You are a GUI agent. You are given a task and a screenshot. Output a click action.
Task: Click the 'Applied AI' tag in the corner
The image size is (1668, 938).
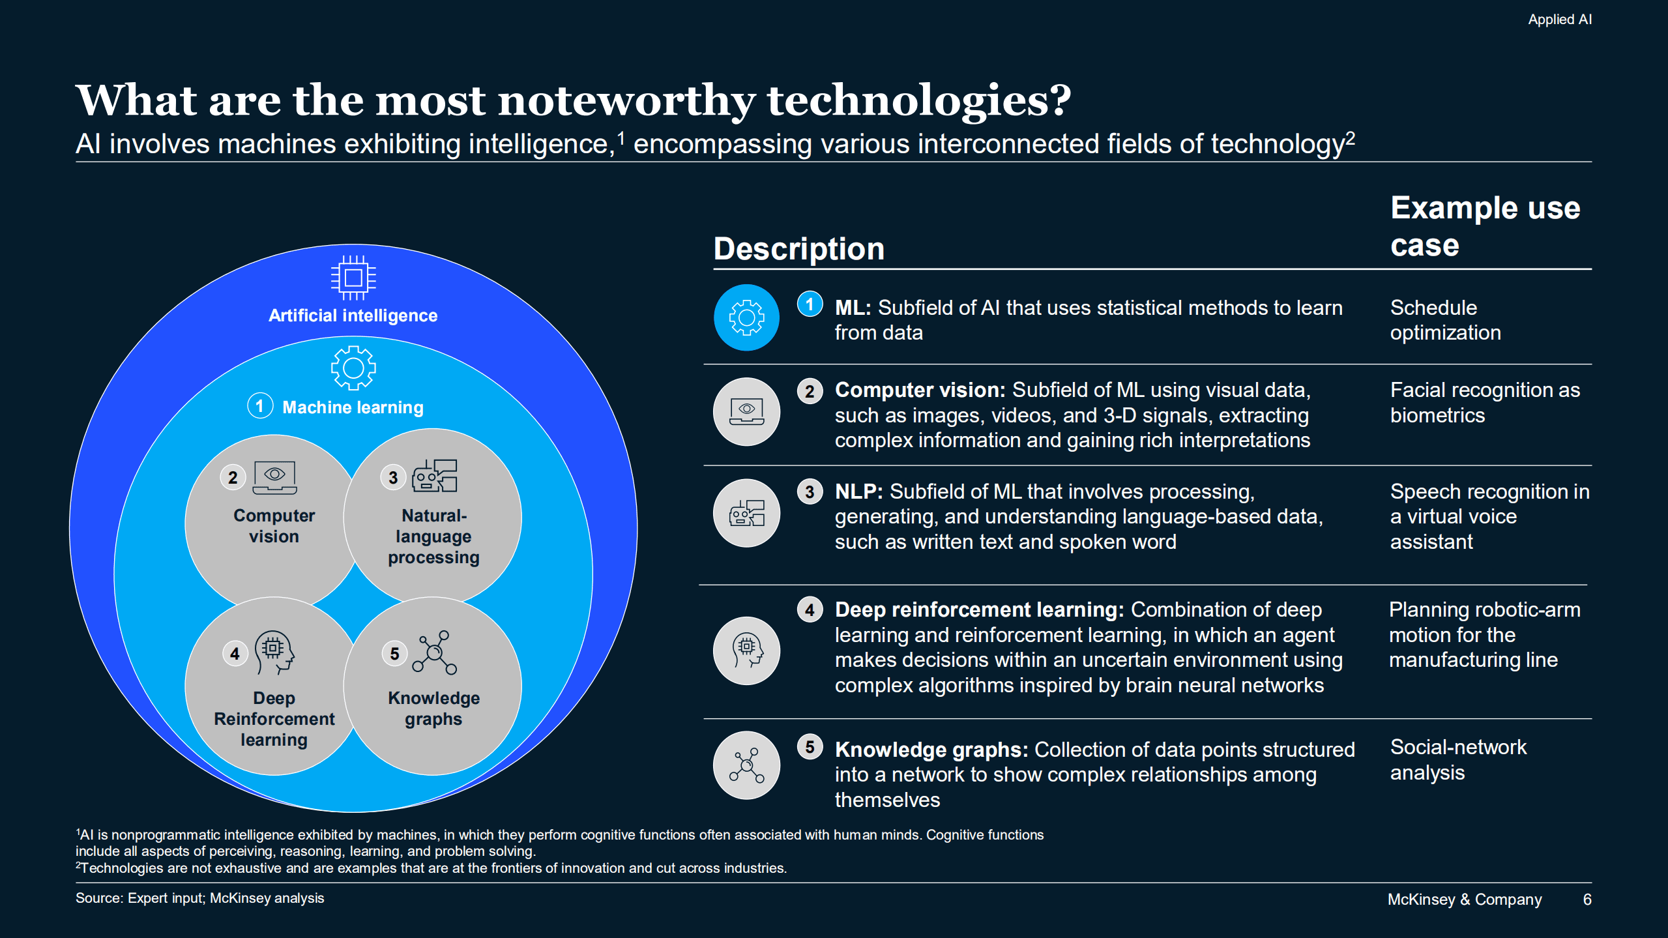tap(1559, 20)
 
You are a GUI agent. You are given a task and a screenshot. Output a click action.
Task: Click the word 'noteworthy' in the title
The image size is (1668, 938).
tap(625, 100)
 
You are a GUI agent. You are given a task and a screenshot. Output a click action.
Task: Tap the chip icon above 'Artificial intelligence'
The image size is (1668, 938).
tap(353, 278)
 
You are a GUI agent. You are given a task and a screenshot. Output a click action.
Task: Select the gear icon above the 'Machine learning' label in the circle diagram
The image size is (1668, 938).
tap(353, 368)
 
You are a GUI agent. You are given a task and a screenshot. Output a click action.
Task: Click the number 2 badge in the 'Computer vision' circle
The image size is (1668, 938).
tap(233, 477)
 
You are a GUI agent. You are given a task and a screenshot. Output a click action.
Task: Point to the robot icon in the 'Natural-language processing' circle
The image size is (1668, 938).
tap(434, 476)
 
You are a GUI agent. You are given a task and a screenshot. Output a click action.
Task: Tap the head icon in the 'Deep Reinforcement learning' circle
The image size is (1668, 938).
tap(274, 652)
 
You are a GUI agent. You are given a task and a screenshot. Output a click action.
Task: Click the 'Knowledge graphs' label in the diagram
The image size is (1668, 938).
tap(433, 709)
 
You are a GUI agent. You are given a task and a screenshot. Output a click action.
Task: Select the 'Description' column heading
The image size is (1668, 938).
tap(798, 248)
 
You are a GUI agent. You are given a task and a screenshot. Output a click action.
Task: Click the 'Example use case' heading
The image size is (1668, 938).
tap(1484, 226)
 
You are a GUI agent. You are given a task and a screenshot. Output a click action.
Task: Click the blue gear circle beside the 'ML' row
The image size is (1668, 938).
tap(746, 317)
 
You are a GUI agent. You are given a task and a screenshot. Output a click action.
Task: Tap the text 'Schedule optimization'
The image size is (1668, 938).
tap(1444, 320)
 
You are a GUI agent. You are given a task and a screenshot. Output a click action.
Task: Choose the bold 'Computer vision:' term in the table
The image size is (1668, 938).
tap(920, 390)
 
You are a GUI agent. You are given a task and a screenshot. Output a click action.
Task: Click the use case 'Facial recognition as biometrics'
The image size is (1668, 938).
tap(1484, 402)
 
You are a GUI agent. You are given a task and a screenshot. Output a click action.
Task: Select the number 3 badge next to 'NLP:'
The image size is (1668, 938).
tap(810, 491)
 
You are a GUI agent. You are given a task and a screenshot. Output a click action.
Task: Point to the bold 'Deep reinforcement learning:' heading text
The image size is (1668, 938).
tap(979, 609)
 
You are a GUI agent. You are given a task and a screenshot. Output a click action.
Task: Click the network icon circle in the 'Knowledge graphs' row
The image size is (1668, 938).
tap(746, 765)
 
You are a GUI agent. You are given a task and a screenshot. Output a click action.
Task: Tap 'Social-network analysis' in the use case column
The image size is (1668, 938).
tap(1457, 759)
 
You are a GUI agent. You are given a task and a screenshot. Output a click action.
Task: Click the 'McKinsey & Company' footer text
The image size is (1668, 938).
tap(1464, 900)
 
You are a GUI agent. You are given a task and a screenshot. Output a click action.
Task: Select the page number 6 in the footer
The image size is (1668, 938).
tap(1587, 900)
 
